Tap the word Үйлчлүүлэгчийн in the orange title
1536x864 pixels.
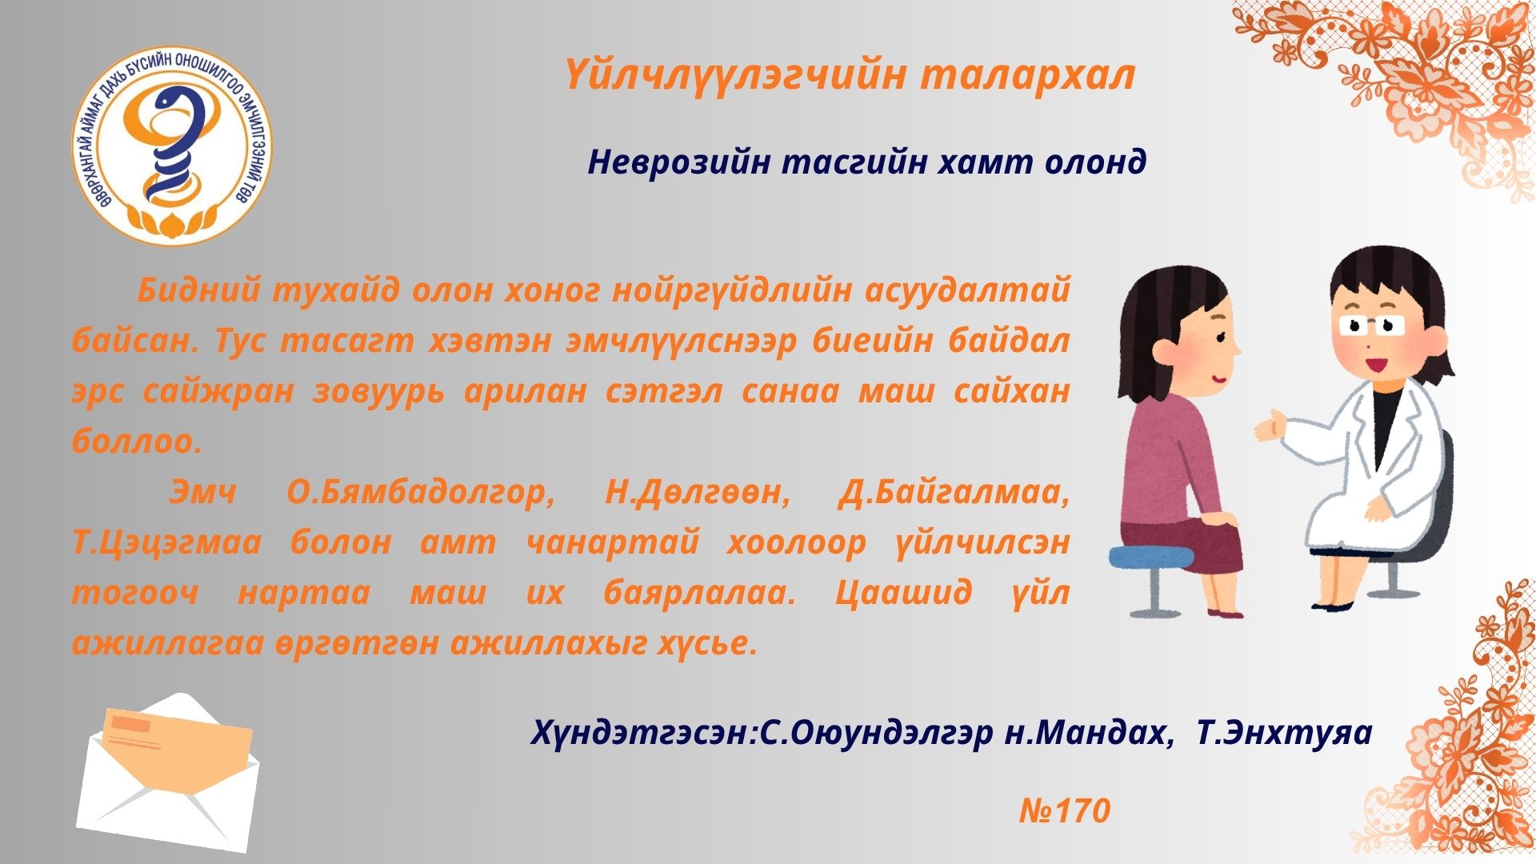[x=734, y=77]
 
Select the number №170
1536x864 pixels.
[x=1065, y=811]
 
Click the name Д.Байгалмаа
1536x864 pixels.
[x=954, y=493]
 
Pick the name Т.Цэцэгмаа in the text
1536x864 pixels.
[x=166, y=543]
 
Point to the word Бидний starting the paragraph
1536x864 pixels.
[x=198, y=292]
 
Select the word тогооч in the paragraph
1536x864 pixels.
[x=135, y=594]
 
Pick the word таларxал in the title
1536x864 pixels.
[x=1028, y=77]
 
